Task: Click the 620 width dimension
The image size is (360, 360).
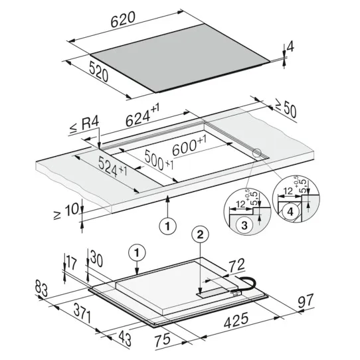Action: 123,19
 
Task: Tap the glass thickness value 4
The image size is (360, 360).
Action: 290,47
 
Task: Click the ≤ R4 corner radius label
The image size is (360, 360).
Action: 84,126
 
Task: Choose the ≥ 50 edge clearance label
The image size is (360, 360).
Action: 286,110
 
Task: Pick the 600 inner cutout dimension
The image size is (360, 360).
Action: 189,145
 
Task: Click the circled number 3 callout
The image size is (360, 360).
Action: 244,225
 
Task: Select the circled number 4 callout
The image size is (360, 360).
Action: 290,212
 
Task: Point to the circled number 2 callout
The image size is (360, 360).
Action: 200,235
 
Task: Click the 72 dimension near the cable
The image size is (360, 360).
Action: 236,266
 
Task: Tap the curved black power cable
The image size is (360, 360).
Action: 247,284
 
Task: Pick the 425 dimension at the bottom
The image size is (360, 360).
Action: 236,320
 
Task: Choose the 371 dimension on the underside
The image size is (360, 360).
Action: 82,314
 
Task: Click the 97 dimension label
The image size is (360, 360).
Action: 306,301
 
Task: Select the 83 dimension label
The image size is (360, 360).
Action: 41,288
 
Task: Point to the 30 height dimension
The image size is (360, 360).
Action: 96,259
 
